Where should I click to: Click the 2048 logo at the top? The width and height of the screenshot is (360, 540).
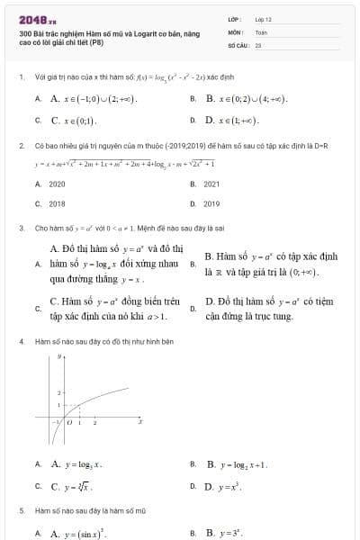click(x=37, y=18)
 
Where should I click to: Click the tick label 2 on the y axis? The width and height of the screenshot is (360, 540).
click(x=58, y=393)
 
